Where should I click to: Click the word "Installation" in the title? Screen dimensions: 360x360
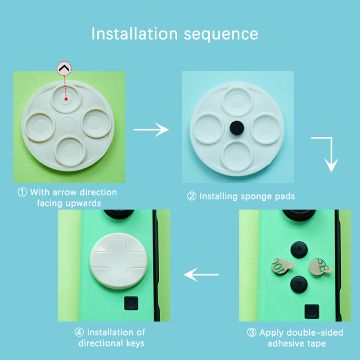tap(135, 34)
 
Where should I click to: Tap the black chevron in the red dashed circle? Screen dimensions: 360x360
tap(64, 68)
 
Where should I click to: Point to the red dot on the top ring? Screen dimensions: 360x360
tap(66, 99)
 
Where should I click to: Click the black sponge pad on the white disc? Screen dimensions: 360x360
tap(237, 128)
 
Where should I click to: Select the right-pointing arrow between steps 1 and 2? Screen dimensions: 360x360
tap(151, 130)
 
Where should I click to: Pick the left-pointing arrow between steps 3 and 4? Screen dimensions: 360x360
tap(201, 274)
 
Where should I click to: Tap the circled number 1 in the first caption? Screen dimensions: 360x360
tap(22, 193)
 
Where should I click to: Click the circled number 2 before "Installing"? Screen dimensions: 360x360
tap(192, 196)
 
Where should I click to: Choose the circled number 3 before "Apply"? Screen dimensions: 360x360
tap(252, 333)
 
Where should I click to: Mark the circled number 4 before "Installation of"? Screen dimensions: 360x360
tap(79, 332)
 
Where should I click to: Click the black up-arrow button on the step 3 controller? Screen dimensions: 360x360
tap(299, 250)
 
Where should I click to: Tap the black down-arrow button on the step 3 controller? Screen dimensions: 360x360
tap(299, 284)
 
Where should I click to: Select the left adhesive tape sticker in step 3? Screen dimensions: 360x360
tap(282, 266)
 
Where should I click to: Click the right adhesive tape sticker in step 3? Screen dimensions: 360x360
tap(320, 267)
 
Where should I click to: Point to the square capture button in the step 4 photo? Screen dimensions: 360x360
tap(131, 303)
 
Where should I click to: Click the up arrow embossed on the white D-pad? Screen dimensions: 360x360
tap(119, 242)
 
